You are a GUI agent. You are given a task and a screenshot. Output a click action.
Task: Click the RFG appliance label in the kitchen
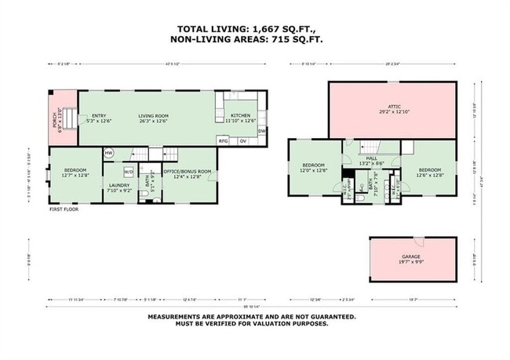[x=224, y=141]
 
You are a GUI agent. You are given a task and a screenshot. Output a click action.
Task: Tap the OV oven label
[x=243, y=141]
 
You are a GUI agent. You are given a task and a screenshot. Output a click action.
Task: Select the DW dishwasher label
[x=261, y=130]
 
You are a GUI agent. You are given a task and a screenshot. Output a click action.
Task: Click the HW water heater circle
[x=109, y=152]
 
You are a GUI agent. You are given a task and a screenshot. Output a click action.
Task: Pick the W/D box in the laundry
[x=129, y=171]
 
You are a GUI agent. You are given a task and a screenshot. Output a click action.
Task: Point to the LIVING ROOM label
[x=155, y=115]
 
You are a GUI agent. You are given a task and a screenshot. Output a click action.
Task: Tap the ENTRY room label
[x=99, y=115]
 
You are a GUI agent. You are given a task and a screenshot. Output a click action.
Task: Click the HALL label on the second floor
[x=371, y=158]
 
